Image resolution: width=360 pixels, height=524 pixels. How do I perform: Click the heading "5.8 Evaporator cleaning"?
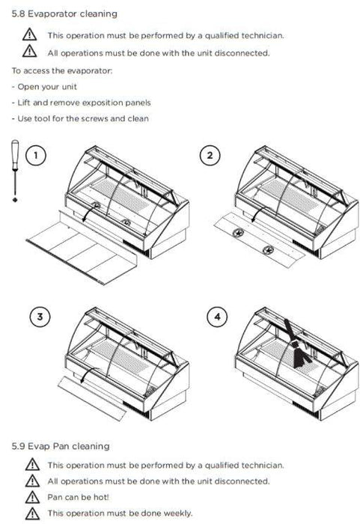point(64,14)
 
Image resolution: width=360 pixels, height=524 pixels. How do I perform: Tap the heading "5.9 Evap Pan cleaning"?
point(61,446)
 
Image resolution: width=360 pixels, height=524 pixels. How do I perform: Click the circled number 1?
point(35,156)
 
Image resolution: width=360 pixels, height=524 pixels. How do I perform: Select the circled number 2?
point(210,156)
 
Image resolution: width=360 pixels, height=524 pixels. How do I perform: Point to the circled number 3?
point(40,317)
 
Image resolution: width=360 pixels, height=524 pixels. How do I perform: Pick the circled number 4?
point(217,317)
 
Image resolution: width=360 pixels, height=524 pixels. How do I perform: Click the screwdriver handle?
point(15,154)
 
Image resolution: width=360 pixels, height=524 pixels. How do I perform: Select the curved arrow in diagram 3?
point(88,374)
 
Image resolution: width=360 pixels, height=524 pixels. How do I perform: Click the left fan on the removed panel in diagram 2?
point(239,232)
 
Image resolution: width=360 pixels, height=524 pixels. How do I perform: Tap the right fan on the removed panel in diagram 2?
point(268,250)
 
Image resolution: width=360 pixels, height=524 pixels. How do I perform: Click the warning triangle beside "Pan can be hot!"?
point(32,497)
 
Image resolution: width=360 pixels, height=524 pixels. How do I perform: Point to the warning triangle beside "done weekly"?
point(32,514)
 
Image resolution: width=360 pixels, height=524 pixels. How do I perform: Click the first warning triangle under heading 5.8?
point(29,34)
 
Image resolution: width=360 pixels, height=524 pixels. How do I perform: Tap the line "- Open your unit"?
point(44,87)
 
